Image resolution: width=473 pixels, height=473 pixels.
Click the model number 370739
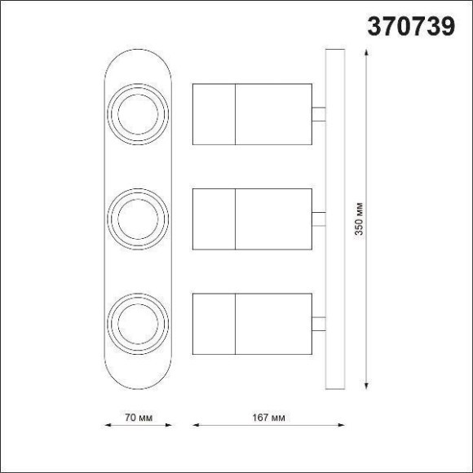point(412,27)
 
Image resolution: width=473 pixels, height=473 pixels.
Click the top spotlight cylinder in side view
point(252,113)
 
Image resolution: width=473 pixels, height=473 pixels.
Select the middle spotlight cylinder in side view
point(252,219)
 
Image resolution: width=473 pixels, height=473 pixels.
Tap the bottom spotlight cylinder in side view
point(252,323)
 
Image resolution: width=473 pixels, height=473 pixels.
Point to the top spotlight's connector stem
point(319,113)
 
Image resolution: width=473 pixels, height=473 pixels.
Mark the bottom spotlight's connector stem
point(319,323)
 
